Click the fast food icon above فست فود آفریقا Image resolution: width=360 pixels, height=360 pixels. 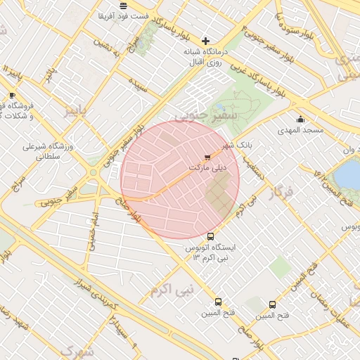point(123,5)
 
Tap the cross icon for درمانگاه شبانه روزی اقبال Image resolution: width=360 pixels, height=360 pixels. point(205,41)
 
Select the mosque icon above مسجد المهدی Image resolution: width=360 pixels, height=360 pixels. point(300,119)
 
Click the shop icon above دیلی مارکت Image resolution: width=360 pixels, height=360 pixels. point(207,157)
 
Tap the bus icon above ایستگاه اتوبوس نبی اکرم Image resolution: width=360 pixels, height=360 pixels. point(210,236)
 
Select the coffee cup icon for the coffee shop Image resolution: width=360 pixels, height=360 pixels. point(11,95)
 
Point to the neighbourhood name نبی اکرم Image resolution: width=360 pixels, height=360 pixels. point(171,289)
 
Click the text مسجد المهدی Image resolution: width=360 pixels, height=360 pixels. point(300,131)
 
